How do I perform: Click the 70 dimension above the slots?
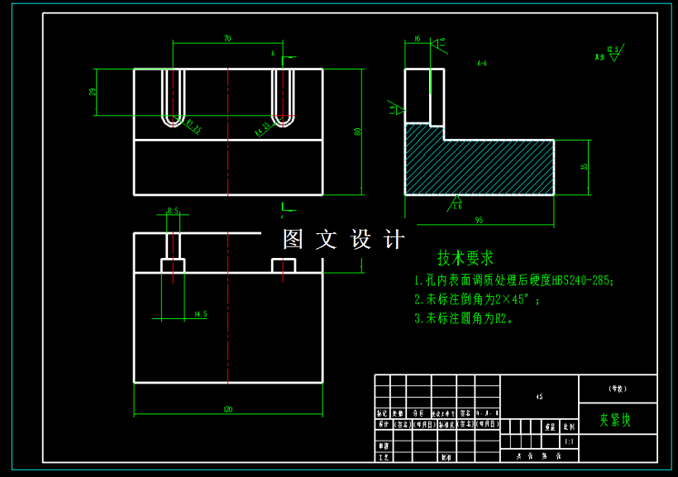click(x=227, y=38)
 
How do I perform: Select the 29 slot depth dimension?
click(x=93, y=91)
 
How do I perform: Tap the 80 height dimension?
click(x=358, y=131)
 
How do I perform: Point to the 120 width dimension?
click(x=228, y=408)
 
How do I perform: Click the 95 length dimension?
click(x=479, y=220)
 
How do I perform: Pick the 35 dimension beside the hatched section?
click(x=585, y=167)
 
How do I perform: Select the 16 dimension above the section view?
click(x=417, y=38)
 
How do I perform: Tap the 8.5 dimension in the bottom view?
click(x=174, y=211)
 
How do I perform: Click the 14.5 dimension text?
click(x=199, y=314)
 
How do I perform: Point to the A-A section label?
click(x=481, y=62)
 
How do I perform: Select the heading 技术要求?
click(x=466, y=258)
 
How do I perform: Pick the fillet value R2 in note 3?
click(x=502, y=317)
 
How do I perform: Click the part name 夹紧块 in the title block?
click(x=616, y=419)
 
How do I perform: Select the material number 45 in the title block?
click(x=539, y=397)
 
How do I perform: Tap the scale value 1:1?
click(x=568, y=442)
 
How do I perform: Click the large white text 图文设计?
click(x=344, y=240)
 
